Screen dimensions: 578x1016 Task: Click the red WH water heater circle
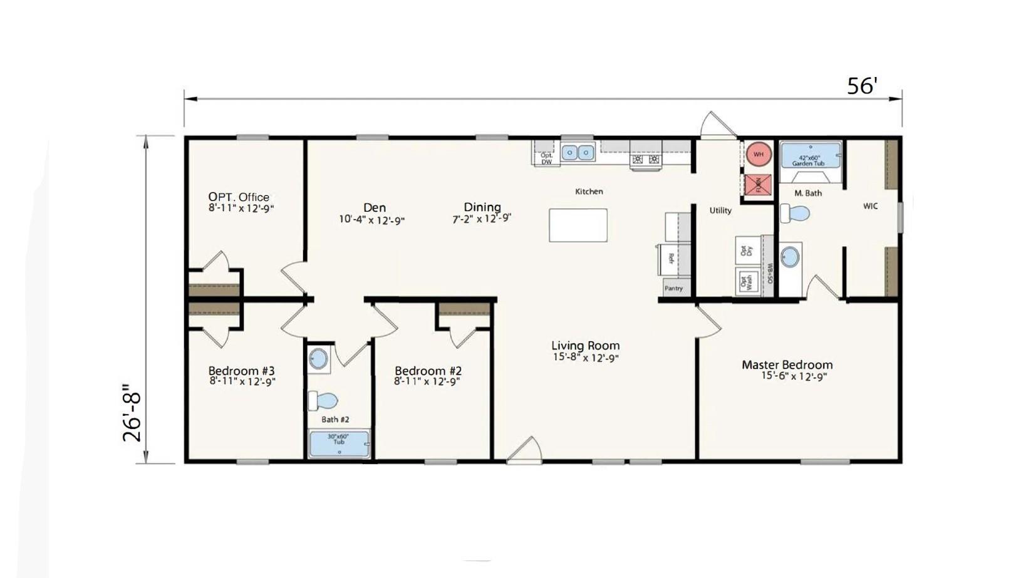758,154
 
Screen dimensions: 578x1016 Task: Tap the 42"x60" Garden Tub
810,156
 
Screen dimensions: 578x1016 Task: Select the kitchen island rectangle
578,225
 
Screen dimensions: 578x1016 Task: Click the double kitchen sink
577,152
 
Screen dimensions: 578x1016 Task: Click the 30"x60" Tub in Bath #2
339,443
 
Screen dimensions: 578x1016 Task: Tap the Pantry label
673,288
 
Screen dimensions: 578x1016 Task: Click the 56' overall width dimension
862,86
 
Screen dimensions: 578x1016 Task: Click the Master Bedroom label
787,364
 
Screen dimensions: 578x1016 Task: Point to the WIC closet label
870,206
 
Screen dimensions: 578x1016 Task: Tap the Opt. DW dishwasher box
546,157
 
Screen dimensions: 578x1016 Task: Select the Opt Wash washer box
746,281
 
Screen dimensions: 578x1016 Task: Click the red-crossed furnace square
757,185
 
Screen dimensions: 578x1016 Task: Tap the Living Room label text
585,345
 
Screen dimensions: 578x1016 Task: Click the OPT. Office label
239,197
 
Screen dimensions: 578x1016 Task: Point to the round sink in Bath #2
318,359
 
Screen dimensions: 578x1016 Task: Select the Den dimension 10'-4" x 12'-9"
371,220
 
